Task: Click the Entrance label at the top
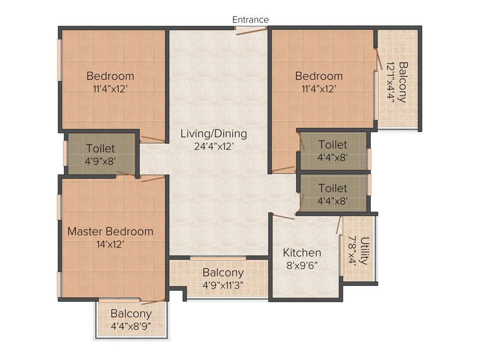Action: (x=250, y=20)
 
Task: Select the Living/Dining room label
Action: (x=214, y=134)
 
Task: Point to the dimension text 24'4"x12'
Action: (x=214, y=146)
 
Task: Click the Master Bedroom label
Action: (x=110, y=231)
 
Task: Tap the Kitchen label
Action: (x=302, y=253)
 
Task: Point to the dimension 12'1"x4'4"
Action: (x=390, y=82)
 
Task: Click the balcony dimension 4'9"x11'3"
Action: (x=223, y=285)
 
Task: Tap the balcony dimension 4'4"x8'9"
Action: (x=131, y=326)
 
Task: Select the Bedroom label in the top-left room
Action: (x=110, y=76)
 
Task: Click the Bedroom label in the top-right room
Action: (x=319, y=76)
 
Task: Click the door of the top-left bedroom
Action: (x=153, y=139)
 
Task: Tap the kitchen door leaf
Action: (x=284, y=216)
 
